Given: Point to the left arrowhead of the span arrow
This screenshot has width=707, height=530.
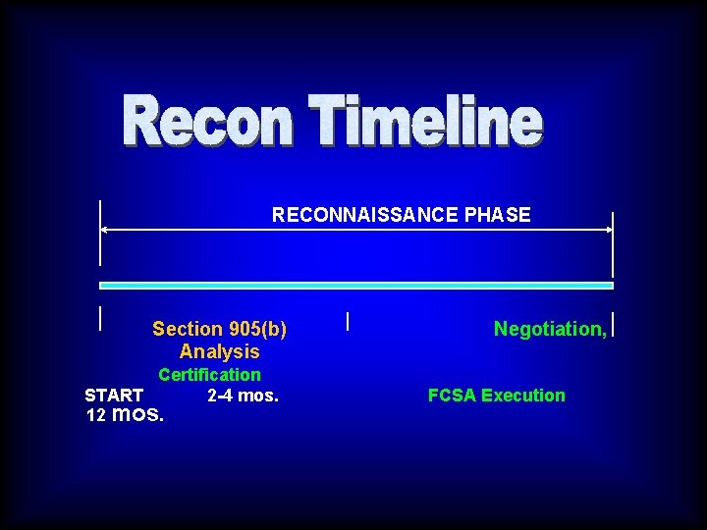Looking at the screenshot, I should coord(104,231).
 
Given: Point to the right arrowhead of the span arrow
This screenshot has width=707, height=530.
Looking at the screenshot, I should coord(608,231).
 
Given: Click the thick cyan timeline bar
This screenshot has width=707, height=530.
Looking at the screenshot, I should coord(356,286).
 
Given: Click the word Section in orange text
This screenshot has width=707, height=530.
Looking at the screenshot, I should coord(188,329).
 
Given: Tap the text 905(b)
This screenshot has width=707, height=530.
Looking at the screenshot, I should coord(257,329).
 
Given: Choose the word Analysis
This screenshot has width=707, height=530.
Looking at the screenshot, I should coord(220,351).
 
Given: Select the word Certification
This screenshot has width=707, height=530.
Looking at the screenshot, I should coord(209,374).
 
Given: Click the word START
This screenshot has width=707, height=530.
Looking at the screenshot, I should coord(114,396).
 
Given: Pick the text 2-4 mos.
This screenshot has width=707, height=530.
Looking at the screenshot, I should coord(244,396).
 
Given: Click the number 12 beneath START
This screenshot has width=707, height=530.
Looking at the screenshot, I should coord(95,415).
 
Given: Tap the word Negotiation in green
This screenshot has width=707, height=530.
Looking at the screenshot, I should coord(547,329).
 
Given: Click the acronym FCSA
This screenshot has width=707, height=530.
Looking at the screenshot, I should coord(452,396).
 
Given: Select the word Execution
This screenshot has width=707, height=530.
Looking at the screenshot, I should coord(523,396).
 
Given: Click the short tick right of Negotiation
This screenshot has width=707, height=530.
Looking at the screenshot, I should coord(613,325).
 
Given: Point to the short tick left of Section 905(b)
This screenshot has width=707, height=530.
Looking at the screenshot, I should coord(100,317).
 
